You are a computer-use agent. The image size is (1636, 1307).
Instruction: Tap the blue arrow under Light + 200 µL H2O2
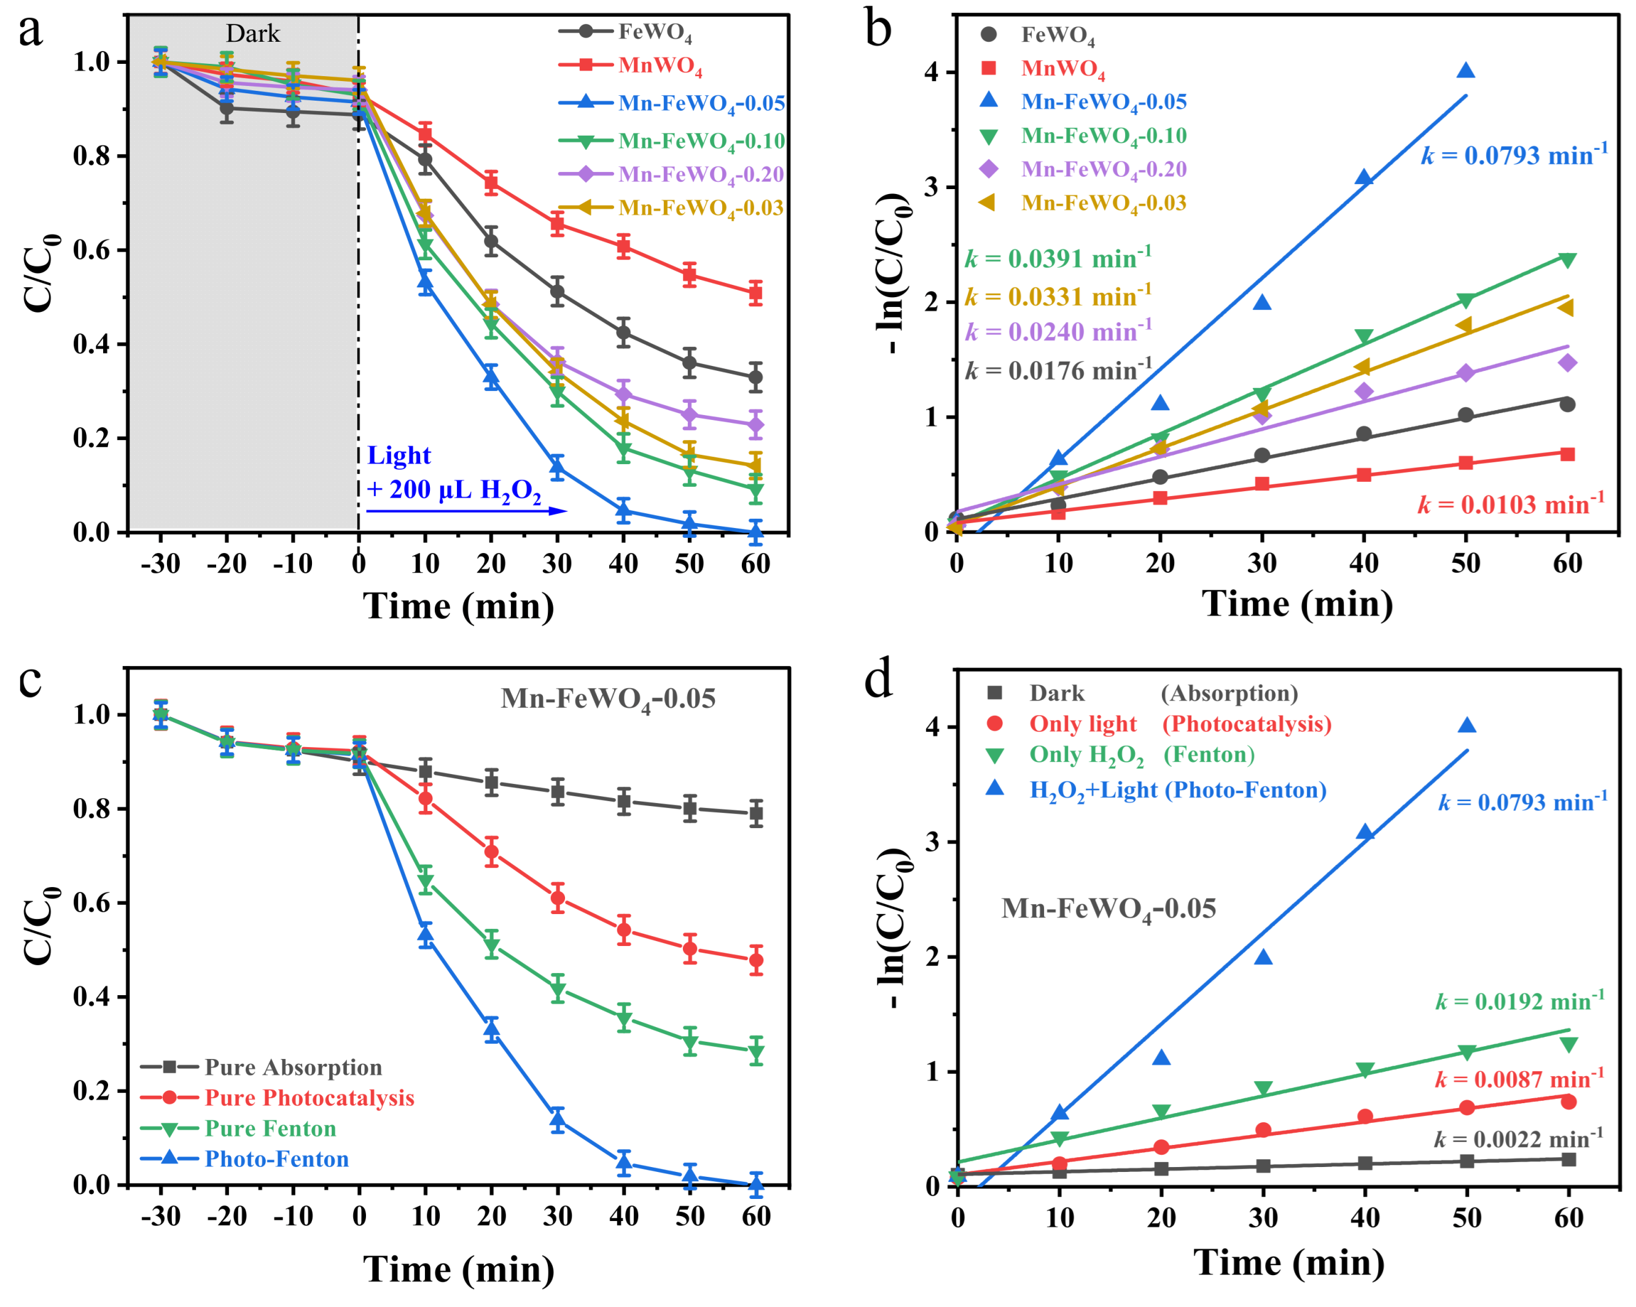(466, 511)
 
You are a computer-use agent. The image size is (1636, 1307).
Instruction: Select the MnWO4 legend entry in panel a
(660, 66)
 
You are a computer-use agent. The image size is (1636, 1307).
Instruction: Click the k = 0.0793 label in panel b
(1513, 155)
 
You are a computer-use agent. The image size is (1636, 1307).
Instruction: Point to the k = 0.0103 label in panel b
(1510, 503)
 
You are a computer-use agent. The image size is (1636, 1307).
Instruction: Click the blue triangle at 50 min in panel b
(1465, 71)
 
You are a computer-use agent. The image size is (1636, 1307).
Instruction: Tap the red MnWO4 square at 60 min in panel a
(755, 293)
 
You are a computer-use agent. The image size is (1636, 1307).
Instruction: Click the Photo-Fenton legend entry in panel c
(276, 1158)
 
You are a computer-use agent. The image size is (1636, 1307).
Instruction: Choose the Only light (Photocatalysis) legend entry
(1179, 724)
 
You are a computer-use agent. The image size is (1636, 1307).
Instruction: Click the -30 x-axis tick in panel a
(160, 564)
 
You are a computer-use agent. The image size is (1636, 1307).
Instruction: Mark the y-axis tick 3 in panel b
(931, 187)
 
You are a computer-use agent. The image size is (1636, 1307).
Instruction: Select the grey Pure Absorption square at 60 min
(756, 814)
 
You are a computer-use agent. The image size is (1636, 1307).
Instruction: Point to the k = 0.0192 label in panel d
(1520, 1001)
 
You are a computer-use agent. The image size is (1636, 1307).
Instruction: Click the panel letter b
(878, 30)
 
